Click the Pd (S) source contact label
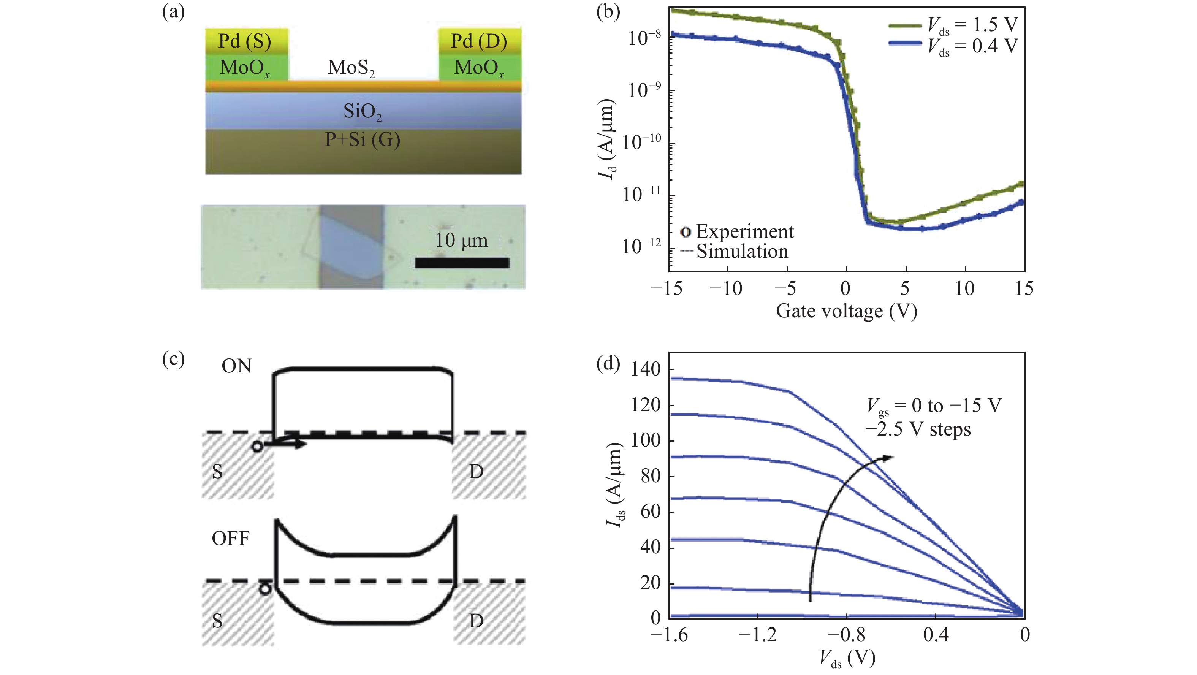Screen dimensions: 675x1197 [245, 41]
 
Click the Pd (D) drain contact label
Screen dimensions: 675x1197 [479, 41]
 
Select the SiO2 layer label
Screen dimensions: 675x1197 [363, 112]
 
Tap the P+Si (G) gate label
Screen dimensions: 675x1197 [363, 139]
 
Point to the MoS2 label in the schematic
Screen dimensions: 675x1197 [351, 68]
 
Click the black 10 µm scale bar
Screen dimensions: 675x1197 [462, 263]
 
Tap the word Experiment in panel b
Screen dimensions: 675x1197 [745, 231]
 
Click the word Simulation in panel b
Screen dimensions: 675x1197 [742, 252]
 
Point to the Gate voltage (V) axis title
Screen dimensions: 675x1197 [846, 311]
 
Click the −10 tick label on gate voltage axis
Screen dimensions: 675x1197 [726, 289]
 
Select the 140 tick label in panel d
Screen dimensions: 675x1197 [646, 369]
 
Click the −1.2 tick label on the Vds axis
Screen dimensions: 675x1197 [757, 635]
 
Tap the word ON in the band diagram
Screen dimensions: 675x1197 [236, 366]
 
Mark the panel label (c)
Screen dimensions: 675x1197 [173, 359]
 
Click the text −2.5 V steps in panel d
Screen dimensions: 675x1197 [918, 429]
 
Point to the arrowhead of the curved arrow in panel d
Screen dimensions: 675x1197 [888, 458]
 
